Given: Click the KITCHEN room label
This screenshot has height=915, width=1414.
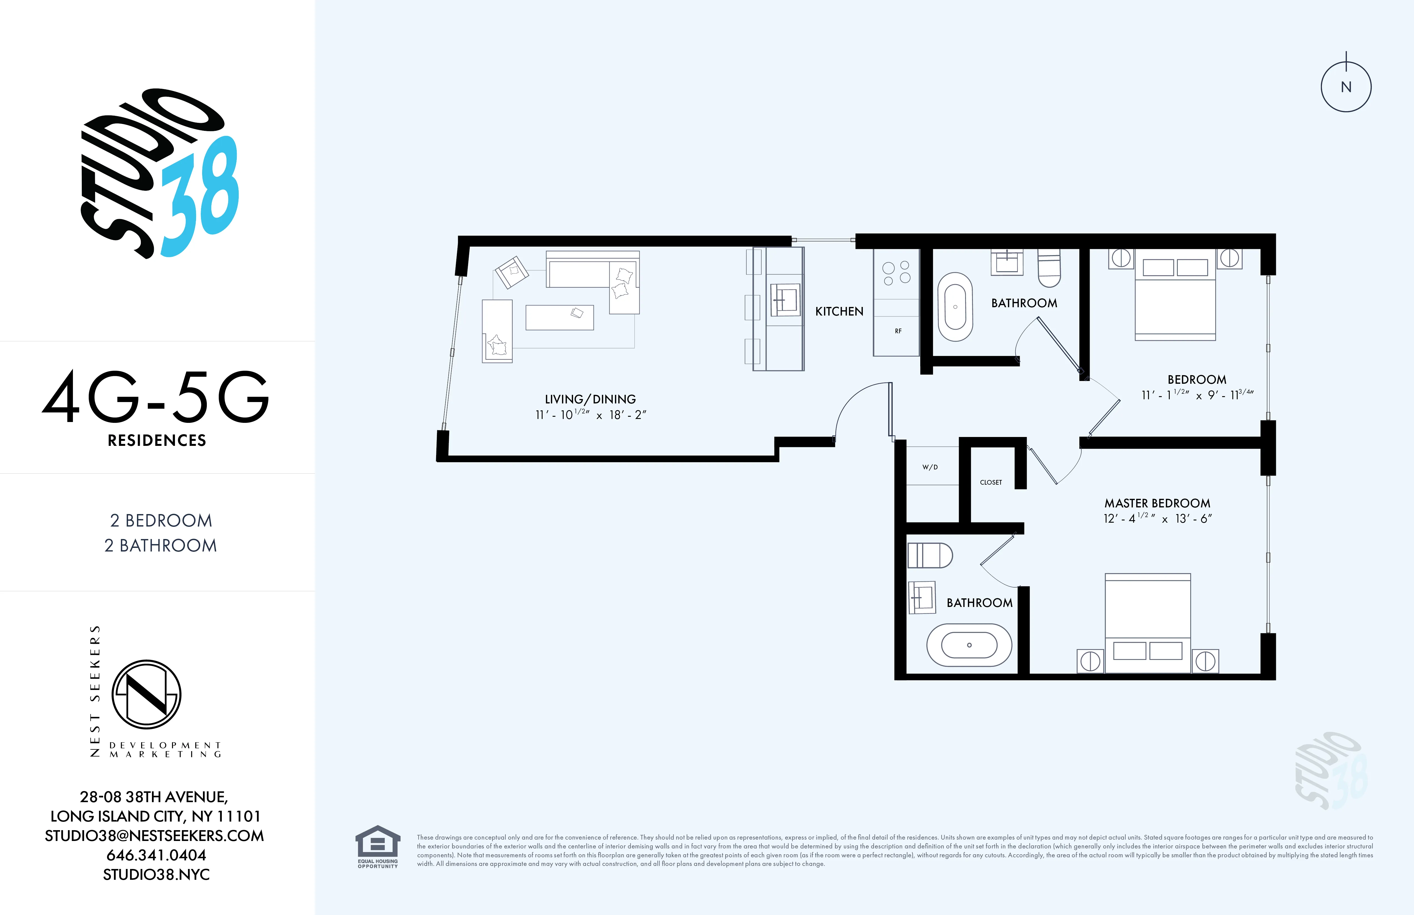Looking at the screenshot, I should click(x=839, y=311).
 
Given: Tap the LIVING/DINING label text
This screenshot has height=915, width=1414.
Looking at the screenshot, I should click(x=590, y=399).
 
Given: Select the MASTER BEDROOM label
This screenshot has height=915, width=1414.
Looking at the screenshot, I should click(x=1157, y=503).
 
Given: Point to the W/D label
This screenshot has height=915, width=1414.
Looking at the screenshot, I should click(x=930, y=467).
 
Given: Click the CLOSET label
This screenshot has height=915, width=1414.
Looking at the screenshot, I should click(x=990, y=482).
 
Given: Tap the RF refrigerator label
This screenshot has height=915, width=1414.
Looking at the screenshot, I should click(x=898, y=331).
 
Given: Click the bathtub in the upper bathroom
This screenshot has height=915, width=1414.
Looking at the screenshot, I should click(x=955, y=307).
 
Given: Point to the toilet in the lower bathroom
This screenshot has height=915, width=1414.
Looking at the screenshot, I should click(x=929, y=556).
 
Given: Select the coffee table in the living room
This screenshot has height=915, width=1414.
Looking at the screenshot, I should click(x=559, y=317).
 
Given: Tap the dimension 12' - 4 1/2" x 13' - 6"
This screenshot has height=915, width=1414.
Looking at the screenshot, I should click(x=1157, y=519).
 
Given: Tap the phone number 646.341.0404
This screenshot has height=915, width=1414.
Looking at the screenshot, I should click(x=156, y=855).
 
